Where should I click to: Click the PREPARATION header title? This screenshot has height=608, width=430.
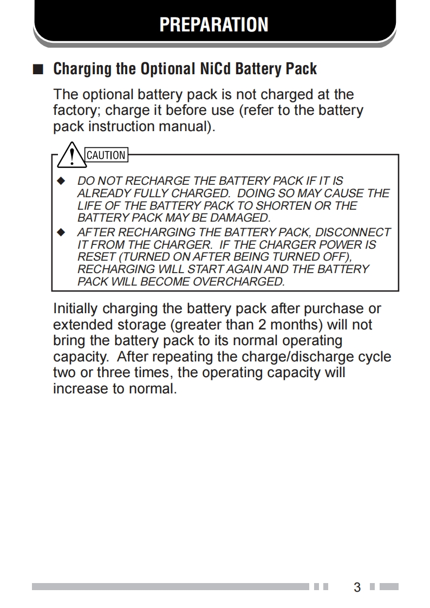(214, 24)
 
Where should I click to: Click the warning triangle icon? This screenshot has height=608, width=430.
(71, 154)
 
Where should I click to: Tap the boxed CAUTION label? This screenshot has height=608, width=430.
(106, 155)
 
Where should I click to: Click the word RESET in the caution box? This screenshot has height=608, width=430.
(93, 257)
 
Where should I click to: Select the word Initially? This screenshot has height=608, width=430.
(75, 308)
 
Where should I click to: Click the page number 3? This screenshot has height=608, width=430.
(357, 587)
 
